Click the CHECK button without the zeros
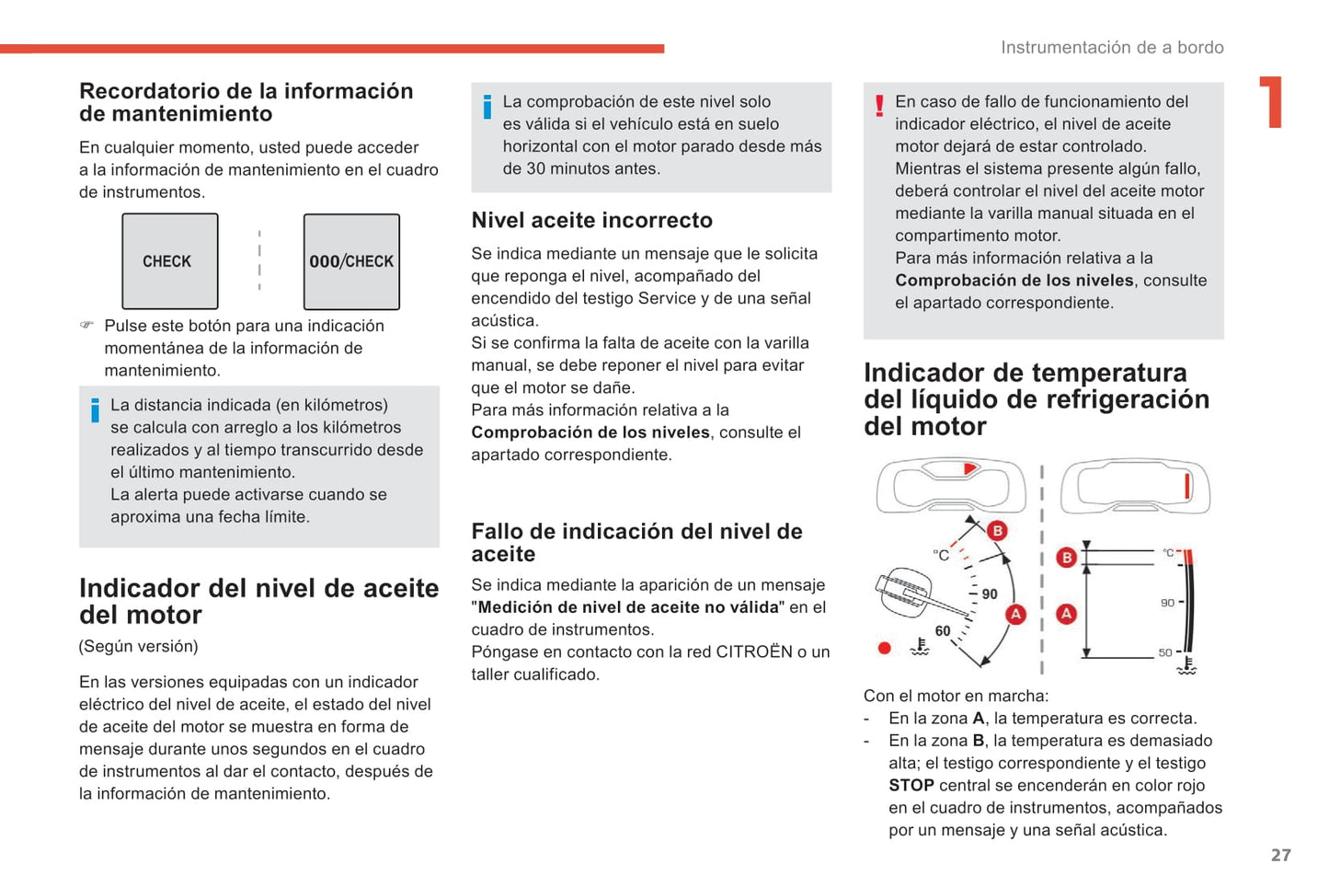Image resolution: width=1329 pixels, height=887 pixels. click(x=169, y=261)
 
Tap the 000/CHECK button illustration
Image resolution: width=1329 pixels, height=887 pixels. click(x=351, y=261)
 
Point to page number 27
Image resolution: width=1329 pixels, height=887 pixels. click(x=1280, y=855)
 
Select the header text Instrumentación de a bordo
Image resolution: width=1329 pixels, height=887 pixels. click(x=1112, y=48)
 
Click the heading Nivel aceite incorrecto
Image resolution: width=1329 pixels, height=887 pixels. click(x=591, y=221)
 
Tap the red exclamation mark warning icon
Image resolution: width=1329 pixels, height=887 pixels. click(x=879, y=105)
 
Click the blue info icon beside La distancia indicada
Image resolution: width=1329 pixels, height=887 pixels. click(x=95, y=410)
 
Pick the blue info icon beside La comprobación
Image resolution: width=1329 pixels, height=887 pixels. click(x=487, y=107)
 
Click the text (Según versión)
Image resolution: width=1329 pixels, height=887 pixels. click(x=138, y=646)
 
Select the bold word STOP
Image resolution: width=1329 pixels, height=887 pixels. click(x=911, y=786)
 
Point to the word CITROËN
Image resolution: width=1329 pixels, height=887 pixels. click(x=753, y=652)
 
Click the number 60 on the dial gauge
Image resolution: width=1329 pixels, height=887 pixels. click(x=943, y=631)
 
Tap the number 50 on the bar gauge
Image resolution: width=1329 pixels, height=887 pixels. click(x=1164, y=652)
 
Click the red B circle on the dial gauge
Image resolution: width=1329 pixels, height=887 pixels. click(x=997, y=530)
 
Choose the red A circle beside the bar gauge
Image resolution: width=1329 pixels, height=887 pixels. click(x=1066, y=614)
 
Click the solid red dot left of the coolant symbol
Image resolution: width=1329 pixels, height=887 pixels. click(x=885, y=648)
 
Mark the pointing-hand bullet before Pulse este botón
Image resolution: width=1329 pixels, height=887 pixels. click(x=86, y=326)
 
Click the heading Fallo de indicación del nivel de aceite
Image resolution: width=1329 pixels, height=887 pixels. click(x=636, y=543)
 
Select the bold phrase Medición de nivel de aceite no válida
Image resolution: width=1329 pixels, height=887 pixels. click(x=628, y=607)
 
